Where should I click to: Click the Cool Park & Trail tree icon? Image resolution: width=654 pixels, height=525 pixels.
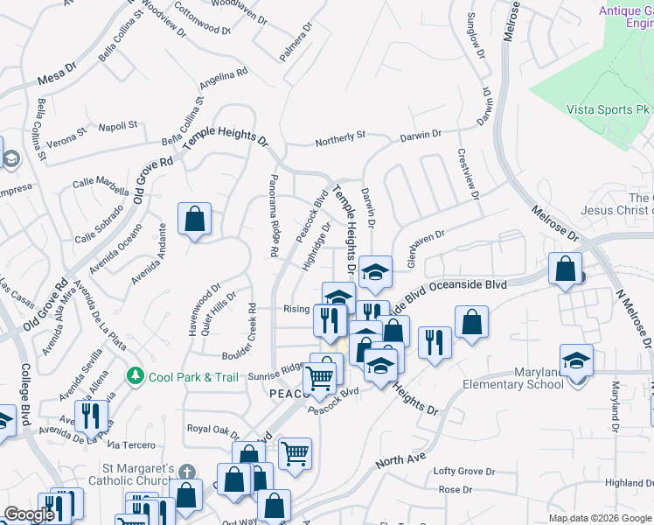135,376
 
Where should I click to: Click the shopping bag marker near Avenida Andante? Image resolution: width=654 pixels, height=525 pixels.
194,220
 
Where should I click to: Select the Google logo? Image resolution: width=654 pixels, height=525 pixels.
29,514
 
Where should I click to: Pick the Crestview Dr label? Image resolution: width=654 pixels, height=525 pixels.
469,172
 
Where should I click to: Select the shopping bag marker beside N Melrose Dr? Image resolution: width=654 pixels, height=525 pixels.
565,269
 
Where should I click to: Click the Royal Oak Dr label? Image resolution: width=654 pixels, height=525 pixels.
213,429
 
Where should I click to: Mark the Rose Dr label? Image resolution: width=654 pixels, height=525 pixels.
455,490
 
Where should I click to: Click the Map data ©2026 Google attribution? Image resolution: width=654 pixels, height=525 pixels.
600,518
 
